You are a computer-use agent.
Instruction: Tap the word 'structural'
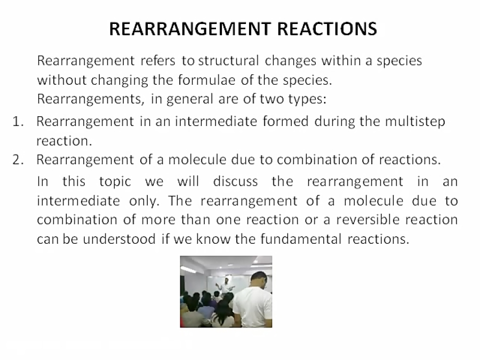pos(229,60)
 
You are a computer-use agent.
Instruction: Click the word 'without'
pos(57,81)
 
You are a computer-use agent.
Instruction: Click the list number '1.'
pos(20,122)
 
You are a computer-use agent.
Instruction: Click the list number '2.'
pos(20,159)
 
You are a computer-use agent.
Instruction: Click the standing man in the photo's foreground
pos(255,299)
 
